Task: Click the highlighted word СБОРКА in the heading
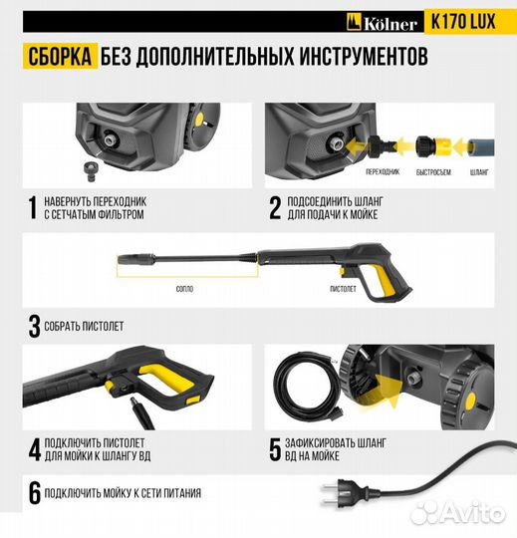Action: coord(57,57)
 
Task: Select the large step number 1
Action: coord(33,206)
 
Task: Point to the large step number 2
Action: coord(275,206)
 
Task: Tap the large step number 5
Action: coord(275,448)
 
